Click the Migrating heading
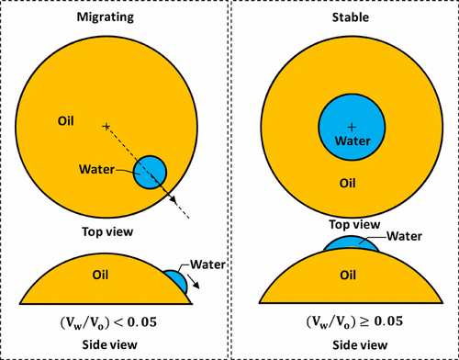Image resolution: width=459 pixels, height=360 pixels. tap(112, 17)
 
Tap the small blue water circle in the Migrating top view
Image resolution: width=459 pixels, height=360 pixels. tap(150, 172)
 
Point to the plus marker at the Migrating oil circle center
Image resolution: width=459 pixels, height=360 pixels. tap(106, 125)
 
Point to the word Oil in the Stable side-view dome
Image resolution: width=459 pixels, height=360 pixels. tap(348, 275)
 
